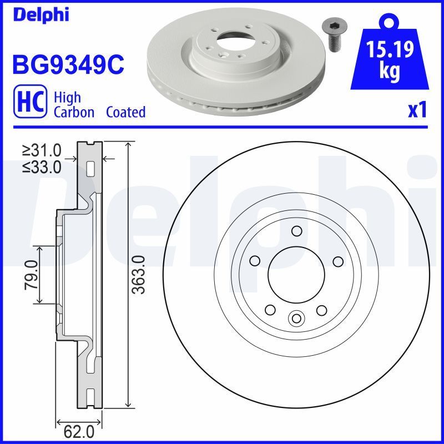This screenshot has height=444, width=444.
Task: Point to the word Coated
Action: [x=125, y=112]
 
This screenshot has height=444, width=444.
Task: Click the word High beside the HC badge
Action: [x=67, y=98]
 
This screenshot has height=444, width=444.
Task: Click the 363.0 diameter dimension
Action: [x=139, y=275]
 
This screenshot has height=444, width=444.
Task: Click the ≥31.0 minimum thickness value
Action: [x=42, y=150]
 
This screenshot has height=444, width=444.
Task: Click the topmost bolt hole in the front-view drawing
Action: [x=296, y=231]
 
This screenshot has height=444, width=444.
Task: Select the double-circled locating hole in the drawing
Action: [x=296, y=318]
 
